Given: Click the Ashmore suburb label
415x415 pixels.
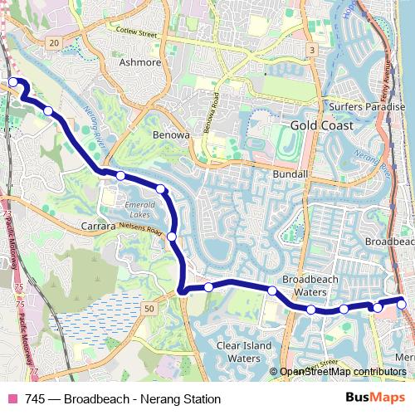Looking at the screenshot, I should point(140,61).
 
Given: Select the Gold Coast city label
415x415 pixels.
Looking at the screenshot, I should point(322,125).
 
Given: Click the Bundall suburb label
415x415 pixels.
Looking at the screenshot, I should point(290,176).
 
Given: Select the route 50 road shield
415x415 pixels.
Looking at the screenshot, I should point(149,309).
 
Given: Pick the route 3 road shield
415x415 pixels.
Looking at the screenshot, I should point(311,51).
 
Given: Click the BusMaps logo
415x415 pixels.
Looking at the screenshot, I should point(375,399).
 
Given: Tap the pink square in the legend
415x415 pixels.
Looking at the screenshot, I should point(12,399).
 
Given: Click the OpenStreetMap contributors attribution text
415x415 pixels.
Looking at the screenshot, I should point(342,373).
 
